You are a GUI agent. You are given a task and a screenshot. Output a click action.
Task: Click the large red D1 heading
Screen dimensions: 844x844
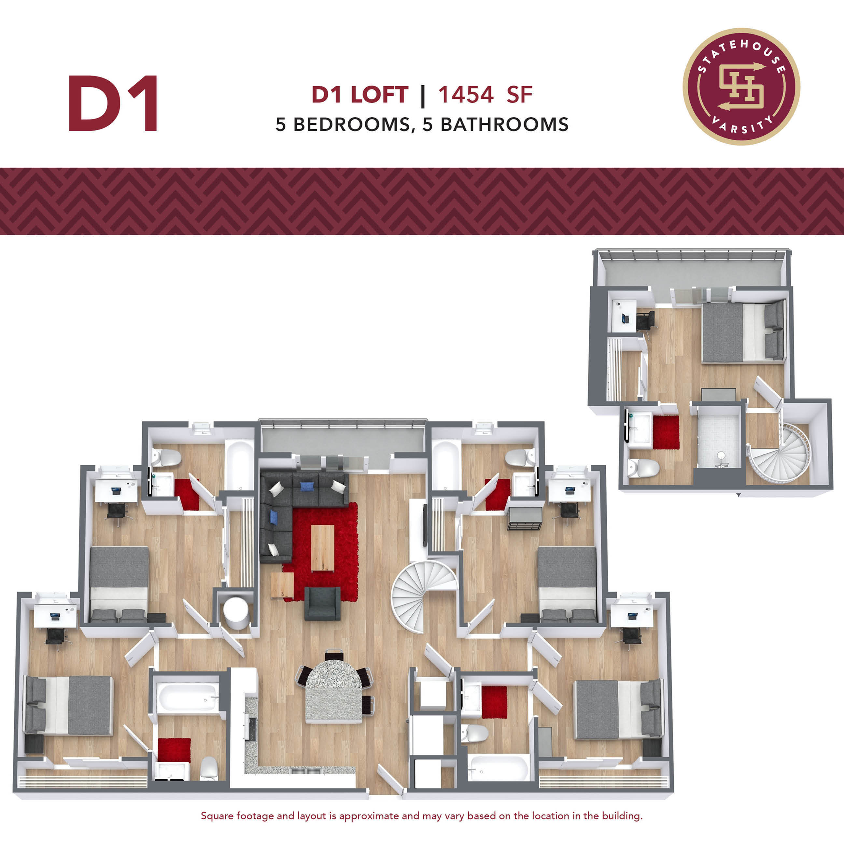tap(113, 104)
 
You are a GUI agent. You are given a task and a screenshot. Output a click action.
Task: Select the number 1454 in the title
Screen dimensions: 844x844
tap(466, 95)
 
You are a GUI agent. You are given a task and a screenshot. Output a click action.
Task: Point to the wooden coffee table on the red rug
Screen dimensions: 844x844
tap(322, 548)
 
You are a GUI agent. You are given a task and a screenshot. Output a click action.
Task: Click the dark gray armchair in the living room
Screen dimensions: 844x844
tap(322, 603)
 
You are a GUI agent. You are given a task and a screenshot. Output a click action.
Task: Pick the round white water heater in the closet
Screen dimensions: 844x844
tap(235, 611)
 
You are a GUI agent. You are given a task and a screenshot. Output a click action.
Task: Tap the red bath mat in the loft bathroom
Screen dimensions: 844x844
tap(666, 432)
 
